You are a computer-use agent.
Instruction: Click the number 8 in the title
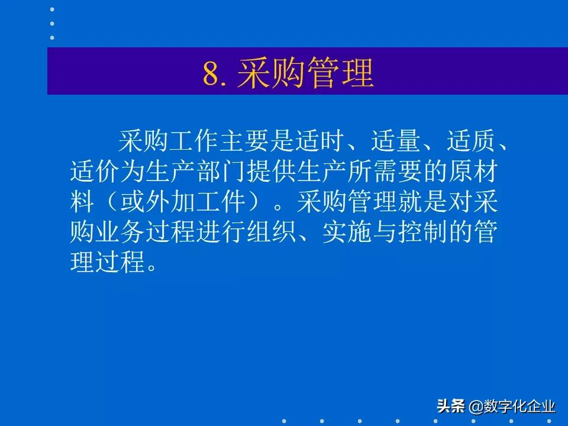pos(211,75)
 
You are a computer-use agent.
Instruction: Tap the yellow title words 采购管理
pos(305,75)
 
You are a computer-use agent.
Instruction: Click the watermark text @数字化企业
pos(512,406)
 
